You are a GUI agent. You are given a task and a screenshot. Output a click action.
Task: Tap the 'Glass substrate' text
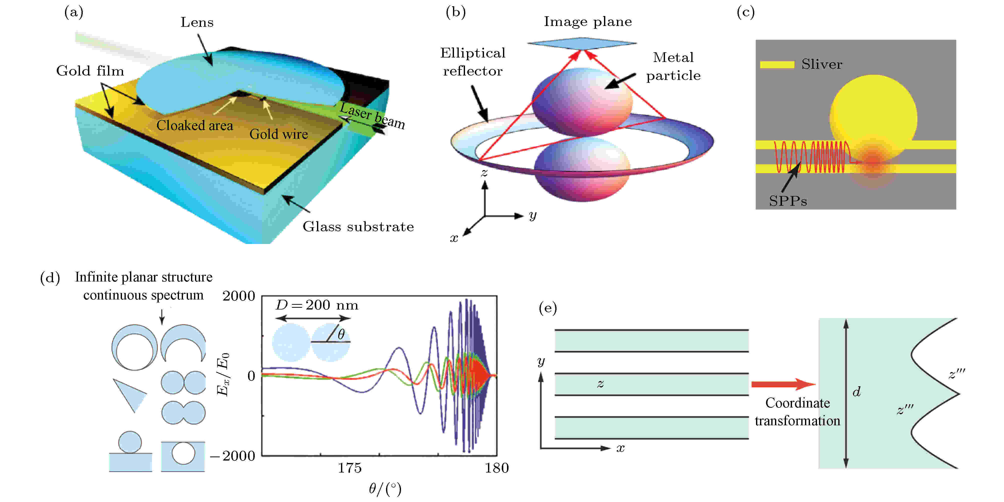[358, 226]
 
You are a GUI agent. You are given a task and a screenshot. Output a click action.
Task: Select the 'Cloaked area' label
[194, 125]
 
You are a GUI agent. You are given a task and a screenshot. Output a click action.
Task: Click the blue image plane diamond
[582, 44]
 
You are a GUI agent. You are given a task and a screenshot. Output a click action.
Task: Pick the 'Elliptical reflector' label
[473, 61]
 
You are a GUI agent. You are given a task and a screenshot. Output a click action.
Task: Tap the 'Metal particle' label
[673, 66]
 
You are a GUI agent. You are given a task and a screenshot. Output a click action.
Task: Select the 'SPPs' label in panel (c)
[788, 201]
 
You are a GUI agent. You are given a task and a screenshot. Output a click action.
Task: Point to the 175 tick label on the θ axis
[349, 468]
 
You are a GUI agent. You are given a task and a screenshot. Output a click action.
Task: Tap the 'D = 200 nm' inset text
[317, 305]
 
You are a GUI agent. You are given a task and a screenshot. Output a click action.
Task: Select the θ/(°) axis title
[385, 489]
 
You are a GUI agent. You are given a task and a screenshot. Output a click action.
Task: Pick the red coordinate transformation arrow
[783, 384]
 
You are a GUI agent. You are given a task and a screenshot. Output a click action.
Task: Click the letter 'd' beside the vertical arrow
[856, 391]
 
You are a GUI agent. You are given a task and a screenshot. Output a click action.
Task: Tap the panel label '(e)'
[547, 308]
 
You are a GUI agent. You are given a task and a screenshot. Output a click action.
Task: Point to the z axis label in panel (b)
[484, 172]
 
